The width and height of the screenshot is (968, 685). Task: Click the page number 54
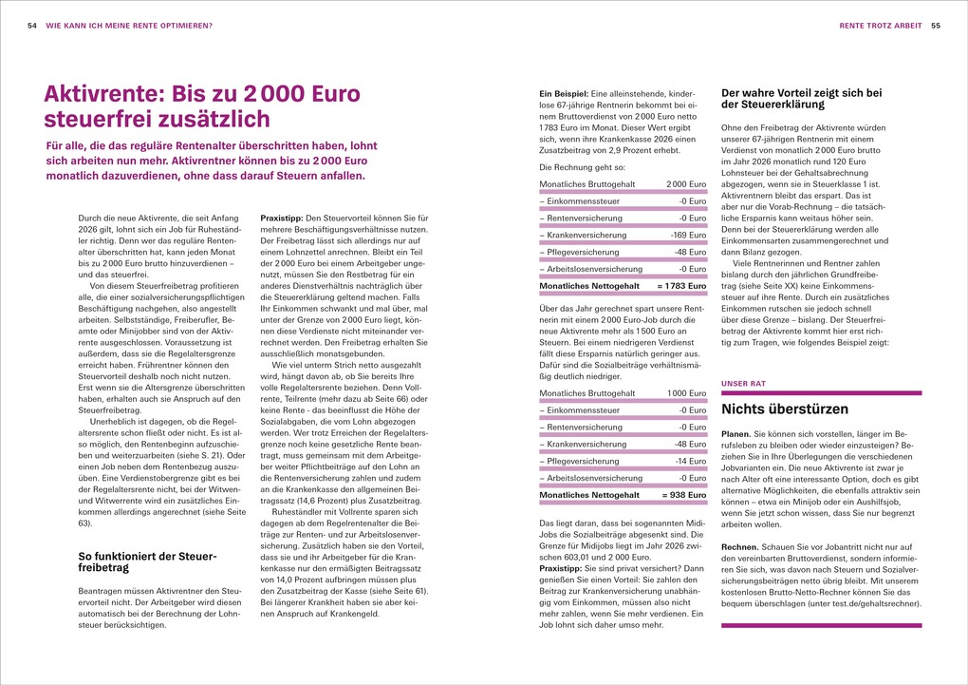(x=31, y=25)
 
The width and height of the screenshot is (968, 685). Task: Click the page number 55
(x=935, y=25)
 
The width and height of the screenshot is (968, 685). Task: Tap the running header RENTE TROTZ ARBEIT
(x=880, y=25)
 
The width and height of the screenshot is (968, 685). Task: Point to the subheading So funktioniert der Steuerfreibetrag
(x=146, y=561)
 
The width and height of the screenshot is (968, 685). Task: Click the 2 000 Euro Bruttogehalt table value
(x=686, y=183)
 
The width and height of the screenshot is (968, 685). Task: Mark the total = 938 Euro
(x=685, y=495)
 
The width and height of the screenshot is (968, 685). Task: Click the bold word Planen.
(x=739, y=443)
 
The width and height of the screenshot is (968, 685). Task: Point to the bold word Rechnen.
(x=741, y=546)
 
